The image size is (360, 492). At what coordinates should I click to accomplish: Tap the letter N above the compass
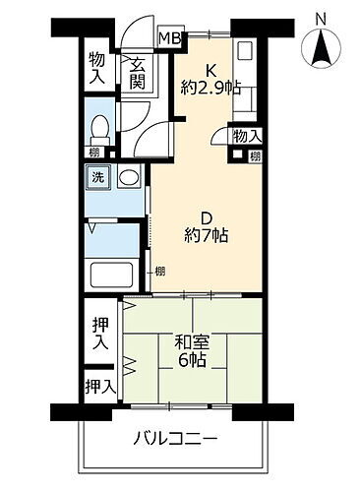point(321,17)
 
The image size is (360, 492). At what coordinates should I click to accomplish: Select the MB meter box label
point(170,38)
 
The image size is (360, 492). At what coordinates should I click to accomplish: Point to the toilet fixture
point(98,127)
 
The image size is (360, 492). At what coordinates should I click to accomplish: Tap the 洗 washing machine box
point(97,178)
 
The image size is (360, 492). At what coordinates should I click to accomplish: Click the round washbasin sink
point(128,179)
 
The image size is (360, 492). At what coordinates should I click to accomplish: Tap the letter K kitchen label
point(209,69)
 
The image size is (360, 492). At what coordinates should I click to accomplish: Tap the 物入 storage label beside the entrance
point(97,67)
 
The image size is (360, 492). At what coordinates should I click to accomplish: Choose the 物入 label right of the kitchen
point(247,136)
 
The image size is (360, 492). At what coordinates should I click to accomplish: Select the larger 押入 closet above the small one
point(98,335)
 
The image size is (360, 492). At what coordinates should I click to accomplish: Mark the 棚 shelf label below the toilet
point(92,153)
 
